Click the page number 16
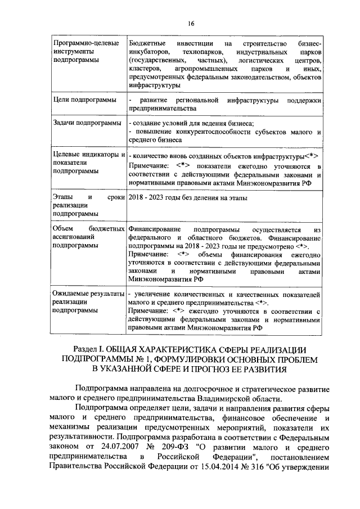coord(190,23)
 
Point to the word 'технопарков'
coord(198,51)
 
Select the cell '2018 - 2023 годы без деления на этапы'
coord(188,197)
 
